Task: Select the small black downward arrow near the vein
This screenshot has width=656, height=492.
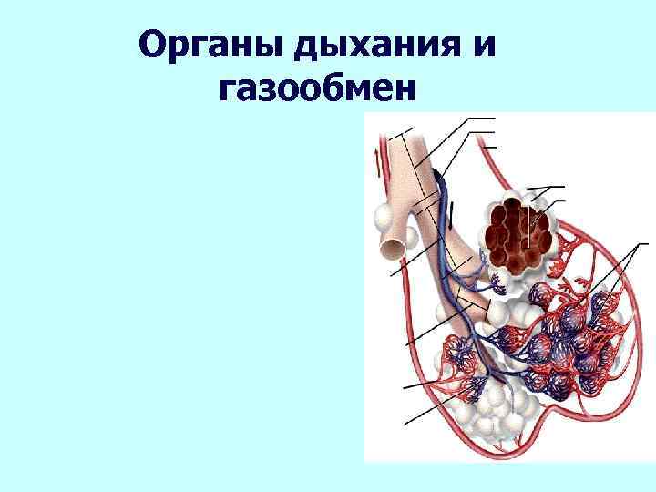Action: tap(452, 217)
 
